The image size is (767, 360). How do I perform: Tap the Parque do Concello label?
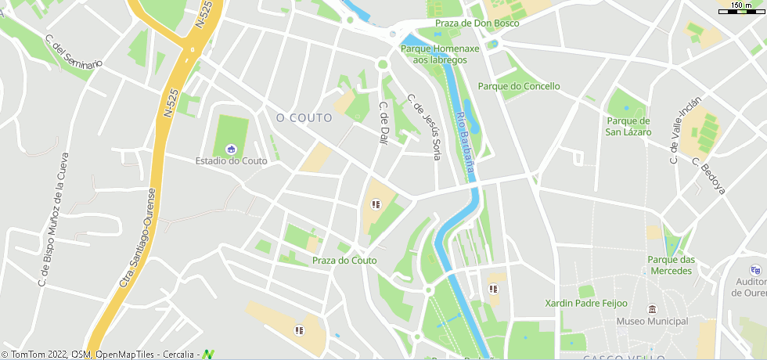tap(519, 86)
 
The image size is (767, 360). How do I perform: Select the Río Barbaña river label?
tap(466, 142)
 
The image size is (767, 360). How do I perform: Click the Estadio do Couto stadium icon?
tap(231, 149)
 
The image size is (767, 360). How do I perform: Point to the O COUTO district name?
tap(304, 118)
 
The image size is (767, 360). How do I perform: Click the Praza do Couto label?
tap(344, 261)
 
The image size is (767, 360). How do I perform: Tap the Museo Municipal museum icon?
tap(652, 309)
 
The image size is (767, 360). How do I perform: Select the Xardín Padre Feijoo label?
tap(586, 303)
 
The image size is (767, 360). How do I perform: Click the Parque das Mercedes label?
tap(671, 265)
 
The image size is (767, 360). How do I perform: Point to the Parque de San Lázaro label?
tap(628, 127)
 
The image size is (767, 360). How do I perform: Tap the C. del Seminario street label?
tap(74, 52)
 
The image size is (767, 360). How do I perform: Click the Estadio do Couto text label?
tap(231, 161)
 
